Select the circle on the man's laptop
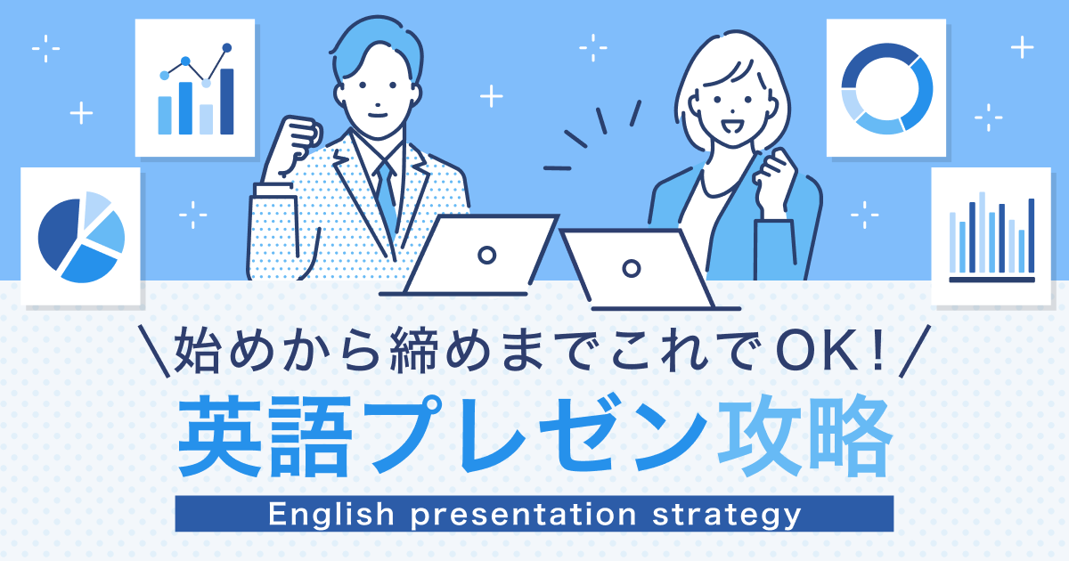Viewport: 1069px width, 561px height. tap(486, 256)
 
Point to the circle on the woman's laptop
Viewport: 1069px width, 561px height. tap(632, 269)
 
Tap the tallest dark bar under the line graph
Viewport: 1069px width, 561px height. tap(226, 102)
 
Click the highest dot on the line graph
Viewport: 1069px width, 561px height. tap(227, 48)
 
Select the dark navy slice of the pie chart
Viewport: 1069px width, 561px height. tap(58, 233)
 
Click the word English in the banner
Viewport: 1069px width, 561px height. tap(331, 515)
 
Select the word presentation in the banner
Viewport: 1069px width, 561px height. tap(524, 515)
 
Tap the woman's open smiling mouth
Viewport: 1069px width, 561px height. tap(731, 126)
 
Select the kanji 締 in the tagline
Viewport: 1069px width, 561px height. tap(413, 353)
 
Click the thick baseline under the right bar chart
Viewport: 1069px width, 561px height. tap(991, 280)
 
